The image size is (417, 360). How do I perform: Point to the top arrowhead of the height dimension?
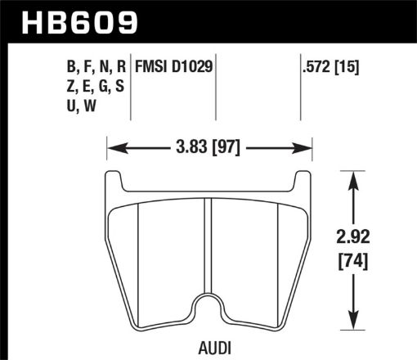[354, 176]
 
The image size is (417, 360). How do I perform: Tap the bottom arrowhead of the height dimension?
[354, 322]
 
